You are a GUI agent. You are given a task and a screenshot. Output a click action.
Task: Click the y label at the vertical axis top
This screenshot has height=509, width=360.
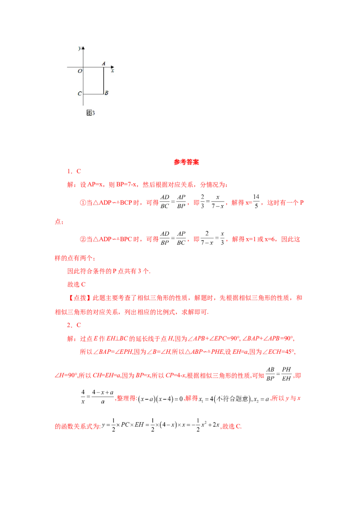point(79,48)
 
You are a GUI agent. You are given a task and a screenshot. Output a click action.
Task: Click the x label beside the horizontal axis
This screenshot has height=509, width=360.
point(112,71)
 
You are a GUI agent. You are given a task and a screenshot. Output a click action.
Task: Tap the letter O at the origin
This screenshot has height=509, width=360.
point(80,71)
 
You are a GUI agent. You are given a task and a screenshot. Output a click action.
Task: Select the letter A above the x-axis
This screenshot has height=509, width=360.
point(103,64)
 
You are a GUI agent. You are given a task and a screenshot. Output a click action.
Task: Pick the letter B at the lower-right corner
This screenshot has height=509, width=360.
point(106,93)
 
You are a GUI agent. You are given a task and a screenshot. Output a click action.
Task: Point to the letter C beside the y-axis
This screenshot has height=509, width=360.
point(80,94)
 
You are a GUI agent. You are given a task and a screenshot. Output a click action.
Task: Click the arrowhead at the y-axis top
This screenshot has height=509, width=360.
point(83,47)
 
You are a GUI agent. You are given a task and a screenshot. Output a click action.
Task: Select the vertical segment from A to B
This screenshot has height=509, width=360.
point(104,81)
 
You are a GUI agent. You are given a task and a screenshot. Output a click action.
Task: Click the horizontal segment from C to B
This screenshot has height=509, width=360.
point(94,94)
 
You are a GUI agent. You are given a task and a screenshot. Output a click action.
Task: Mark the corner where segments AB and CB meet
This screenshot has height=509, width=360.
point(104,94)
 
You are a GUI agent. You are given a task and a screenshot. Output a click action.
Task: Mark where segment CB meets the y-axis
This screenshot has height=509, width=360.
point(83,94)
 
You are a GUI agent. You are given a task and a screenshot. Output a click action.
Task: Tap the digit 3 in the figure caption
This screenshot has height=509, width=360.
point(93,113)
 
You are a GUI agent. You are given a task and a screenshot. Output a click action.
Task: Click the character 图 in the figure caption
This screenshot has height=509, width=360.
point(89,113)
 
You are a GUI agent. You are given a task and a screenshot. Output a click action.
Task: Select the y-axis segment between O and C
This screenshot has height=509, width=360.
point(83,81)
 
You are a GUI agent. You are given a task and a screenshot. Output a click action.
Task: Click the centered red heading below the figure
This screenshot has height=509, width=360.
point(187,162)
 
